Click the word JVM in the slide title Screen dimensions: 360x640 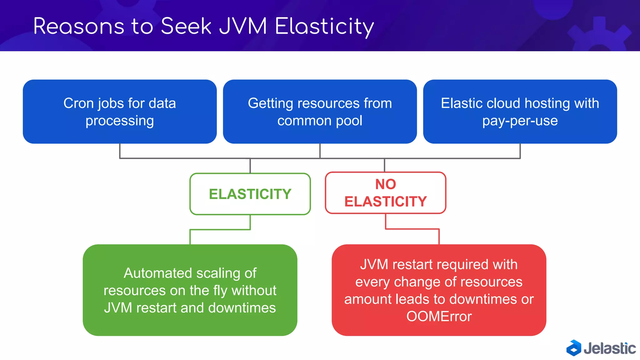pyautogui.click(x=243, y=26)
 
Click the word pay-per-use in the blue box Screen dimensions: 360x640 pyautogui.click(x=520, y=121)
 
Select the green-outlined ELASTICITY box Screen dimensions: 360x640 pyautogui.click(x=250, y=194)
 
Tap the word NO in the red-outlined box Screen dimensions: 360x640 pyautogui.click(x=386, y=184)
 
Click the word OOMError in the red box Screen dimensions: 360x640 pyautogui.click(x=439, y=317)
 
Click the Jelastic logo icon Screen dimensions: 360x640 pyautogui.click(x=574, y=348)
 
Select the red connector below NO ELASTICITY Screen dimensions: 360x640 pyautogui.click(x=412, y=229)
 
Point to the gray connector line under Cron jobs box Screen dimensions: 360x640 pyautogui.click(x=120, y=151)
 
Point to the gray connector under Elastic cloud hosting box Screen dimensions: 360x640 pyautogui.click(x=520, y=151)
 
